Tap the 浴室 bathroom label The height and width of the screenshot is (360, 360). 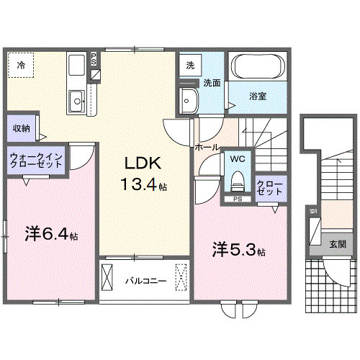[258, 96]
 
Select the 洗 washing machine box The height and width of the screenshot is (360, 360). [190, 64]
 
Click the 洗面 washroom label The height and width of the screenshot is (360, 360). [211, 83]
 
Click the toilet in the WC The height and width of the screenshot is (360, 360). [238, 178]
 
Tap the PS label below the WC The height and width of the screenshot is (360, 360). [237, 198]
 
